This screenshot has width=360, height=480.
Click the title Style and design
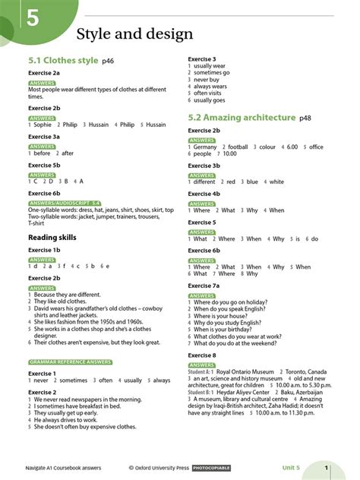point(134,34)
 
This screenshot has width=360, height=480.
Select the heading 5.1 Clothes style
point(63,60)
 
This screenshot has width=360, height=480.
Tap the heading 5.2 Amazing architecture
point(242,118)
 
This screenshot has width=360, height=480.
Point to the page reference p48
point(305,118)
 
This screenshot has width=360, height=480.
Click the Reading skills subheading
point(52,238)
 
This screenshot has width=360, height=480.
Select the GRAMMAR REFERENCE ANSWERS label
point(70,362)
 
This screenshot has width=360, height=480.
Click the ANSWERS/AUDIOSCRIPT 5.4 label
point(65,204)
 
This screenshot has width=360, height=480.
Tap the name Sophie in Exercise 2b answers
point(43,125)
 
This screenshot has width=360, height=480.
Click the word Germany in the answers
point(205,147)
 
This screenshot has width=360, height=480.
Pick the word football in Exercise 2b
point(238,147)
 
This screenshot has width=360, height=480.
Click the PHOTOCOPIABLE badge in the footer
point(212,468)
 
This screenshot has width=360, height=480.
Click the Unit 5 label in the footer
point(292,468)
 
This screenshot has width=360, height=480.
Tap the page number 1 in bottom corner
point(326,468)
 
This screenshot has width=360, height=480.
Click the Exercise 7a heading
point(204,286)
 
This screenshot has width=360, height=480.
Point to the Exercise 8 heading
point(202,355)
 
